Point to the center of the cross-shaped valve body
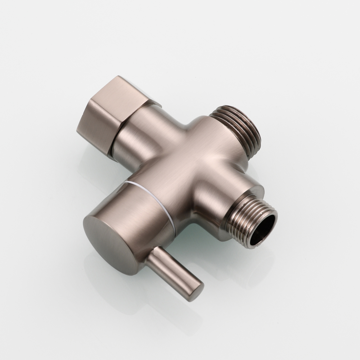pos(187,162)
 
